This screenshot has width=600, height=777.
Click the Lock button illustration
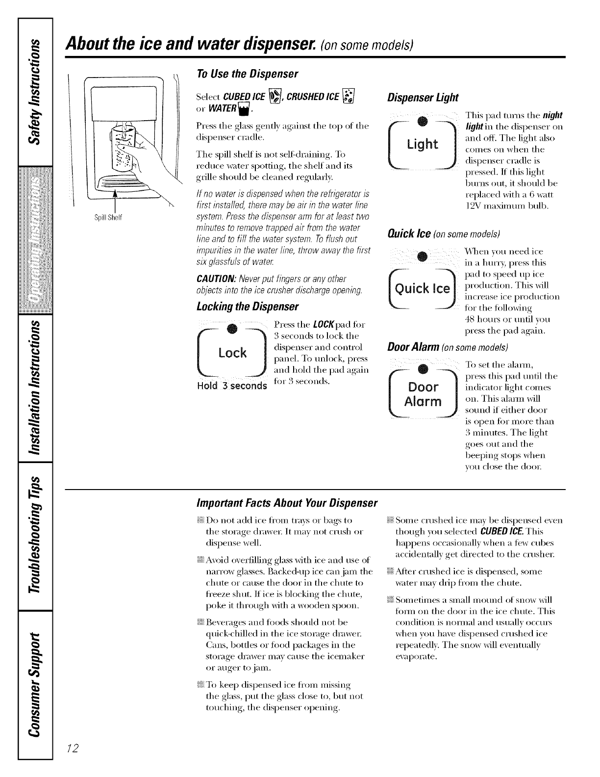click(232, 353)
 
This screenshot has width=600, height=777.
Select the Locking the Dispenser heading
click(247, 308)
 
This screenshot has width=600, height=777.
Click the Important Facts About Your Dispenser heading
click(286, 503)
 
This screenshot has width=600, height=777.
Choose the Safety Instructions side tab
click(34, 91)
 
